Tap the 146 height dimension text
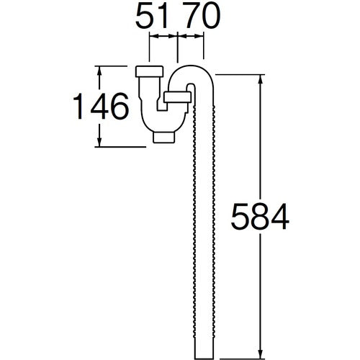coord(102,107)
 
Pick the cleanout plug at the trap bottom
coord(163,136)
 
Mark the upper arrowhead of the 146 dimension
coord(99,71)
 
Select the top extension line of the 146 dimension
coord(115,66)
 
